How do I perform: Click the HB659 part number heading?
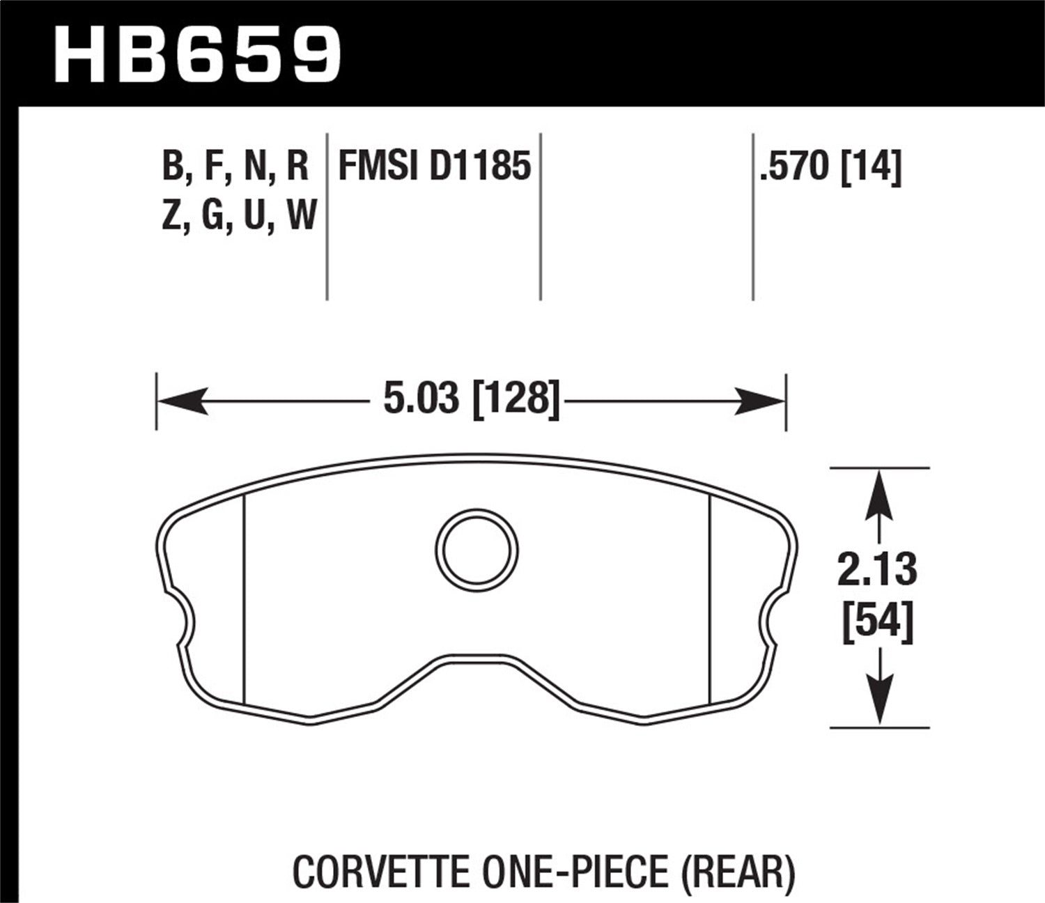pos(197,54)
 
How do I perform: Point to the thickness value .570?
pos(795,167)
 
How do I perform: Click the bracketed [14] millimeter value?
pos(872,168)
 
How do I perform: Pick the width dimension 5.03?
pos(421,400)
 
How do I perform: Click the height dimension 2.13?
pos(878,570)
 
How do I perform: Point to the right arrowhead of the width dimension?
pos(761,401)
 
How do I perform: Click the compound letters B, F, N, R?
pos(235,167)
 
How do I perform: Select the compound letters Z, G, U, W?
pos(239,215)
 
